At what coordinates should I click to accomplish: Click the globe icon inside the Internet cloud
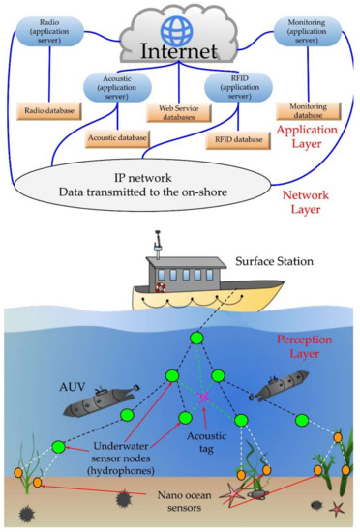pyautogui.click(x=179, y=26)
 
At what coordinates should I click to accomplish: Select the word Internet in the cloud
pyautogui.click(x=179, y=48)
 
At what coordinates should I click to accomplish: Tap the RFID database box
pyautogui.click(x=236, y=138)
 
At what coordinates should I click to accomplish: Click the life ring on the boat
pyautogui.click(x=162, y=287)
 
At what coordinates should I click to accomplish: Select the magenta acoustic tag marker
pyautogui.click(x=204, y=398)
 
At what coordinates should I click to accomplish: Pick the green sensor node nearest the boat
pyautogui.click(x=196, y=338)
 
